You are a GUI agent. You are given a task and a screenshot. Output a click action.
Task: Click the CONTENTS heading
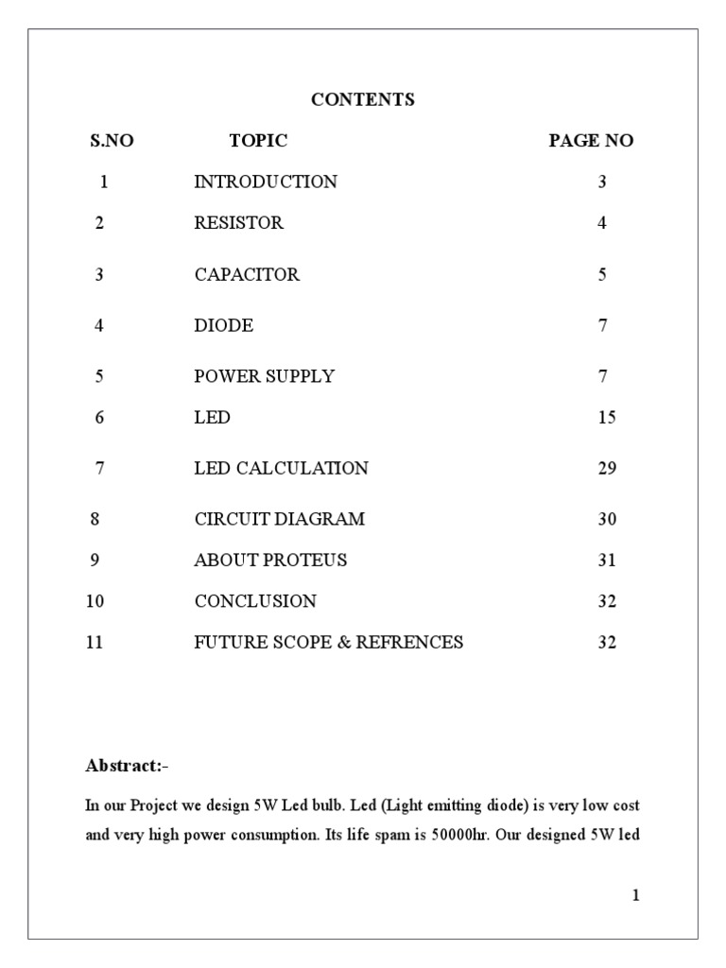point(363,99)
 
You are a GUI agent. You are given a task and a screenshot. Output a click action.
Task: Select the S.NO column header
point(112,141)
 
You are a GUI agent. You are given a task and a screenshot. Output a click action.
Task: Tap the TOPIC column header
point(258,141)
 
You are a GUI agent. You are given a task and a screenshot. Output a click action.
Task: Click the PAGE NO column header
point(591,141)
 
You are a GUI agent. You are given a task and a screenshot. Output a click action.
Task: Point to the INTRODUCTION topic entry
point(265,181)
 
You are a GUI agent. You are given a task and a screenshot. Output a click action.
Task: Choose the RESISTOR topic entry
point(238,223)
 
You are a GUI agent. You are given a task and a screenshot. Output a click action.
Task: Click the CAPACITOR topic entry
point(247,275)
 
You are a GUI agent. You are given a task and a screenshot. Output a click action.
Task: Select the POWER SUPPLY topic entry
point(264,376)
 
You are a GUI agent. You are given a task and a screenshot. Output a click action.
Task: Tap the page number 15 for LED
point(606,417)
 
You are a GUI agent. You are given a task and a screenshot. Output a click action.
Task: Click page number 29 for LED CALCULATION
point(606,468)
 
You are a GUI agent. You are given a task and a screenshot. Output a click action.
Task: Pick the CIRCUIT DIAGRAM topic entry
point(279,519)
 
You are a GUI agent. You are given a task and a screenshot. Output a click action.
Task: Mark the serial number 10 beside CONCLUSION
point(95,601)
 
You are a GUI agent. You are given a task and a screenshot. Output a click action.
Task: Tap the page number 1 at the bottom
point(636,896)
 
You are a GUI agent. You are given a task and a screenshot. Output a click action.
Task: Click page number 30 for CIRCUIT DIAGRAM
point(606,519)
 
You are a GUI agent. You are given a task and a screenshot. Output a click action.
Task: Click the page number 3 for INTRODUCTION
point(602,181)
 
